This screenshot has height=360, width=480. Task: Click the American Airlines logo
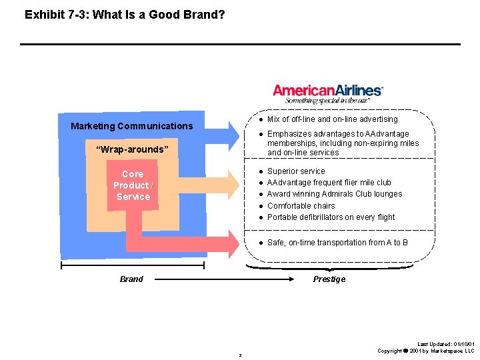(328, 90)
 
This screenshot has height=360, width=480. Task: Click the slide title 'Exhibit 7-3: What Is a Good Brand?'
(125, 14)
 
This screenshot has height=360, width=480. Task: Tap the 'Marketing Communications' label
(131, 126)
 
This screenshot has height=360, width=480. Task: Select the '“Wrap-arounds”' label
(133, 149)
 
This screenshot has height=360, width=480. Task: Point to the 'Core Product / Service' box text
(133, 185)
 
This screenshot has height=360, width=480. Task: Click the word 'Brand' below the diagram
(131, 279)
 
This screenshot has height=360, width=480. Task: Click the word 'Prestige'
(329, 279)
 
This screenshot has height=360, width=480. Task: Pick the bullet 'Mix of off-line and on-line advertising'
(332, 119)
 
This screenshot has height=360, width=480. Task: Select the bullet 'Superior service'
(296, 171)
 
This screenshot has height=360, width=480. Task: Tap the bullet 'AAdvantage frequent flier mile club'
(329, 183)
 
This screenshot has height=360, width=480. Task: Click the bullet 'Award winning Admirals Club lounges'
(334, 194)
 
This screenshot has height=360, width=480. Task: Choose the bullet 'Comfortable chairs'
(301, 206)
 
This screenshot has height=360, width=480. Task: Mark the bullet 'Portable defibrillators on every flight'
(331, 217)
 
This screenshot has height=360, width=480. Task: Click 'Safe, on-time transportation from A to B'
(337, 243)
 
